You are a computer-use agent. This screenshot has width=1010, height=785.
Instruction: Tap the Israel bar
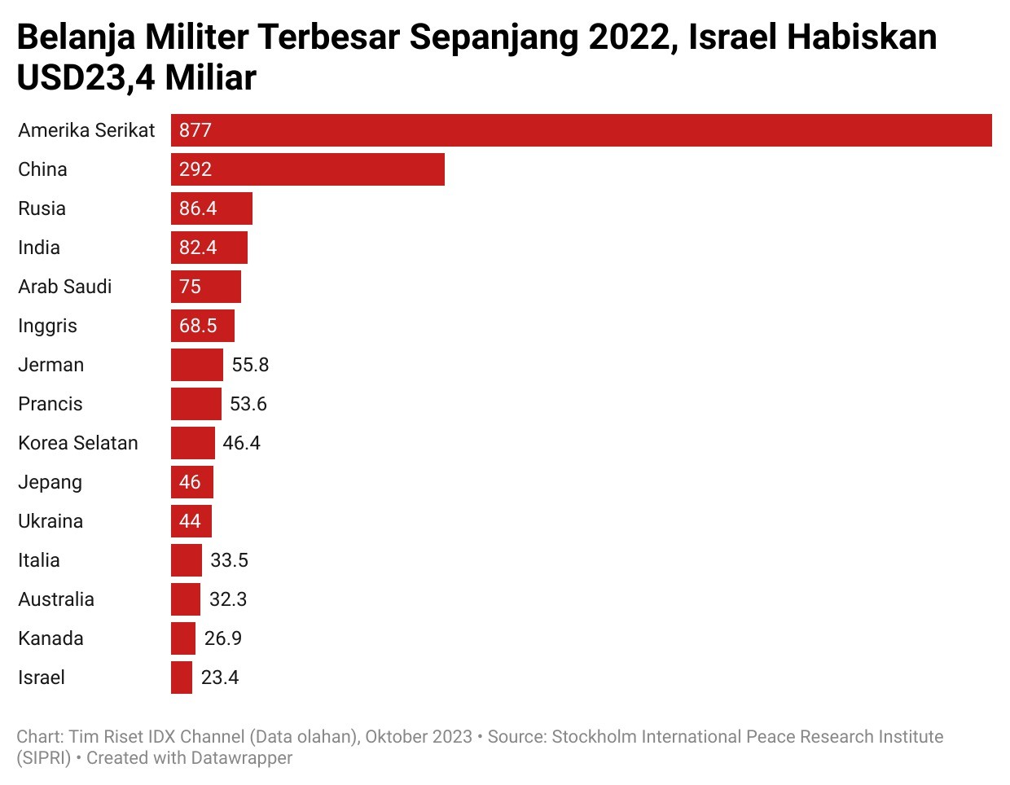point(182,678)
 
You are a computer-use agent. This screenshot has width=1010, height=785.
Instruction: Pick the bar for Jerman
point(197,365)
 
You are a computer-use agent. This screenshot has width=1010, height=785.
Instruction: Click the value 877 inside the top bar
point(195,130)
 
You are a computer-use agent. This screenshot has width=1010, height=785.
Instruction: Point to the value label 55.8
point(250,365)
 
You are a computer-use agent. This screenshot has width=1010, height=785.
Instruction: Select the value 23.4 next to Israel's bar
point(220,678)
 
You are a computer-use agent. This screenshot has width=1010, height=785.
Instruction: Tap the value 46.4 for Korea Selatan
point(241,443)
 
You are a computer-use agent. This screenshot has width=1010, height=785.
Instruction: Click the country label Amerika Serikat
point(86,130)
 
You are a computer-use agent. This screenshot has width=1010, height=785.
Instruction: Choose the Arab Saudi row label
point(65,287)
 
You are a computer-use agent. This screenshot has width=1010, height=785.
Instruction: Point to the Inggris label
point(47,326)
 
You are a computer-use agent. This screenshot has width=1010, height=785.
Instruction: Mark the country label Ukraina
point(50,521)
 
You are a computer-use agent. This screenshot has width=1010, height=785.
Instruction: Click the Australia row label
point(56,599)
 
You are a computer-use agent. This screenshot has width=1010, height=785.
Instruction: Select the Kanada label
point(50,638)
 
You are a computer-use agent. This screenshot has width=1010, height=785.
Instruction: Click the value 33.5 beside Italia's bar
point(229,560)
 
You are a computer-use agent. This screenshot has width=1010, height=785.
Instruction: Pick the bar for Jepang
point(192,482)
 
